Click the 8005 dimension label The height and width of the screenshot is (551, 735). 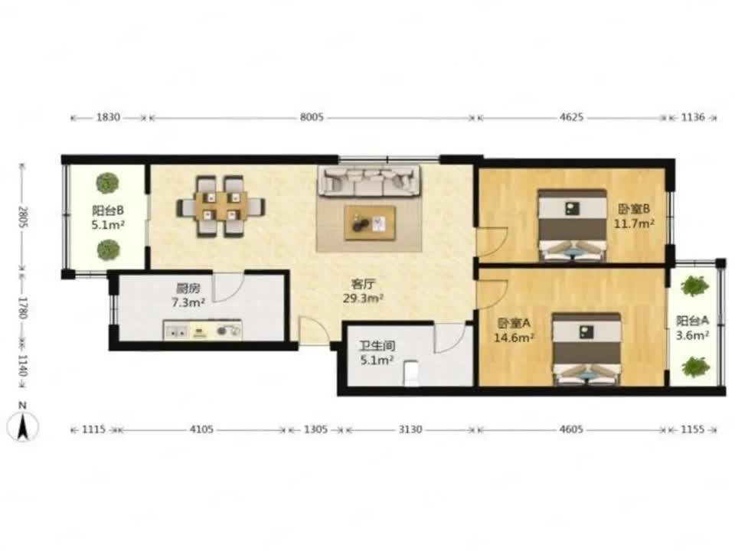(312, 117)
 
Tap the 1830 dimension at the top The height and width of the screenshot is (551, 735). (108, 117)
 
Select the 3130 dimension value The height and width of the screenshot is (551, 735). (410, 429)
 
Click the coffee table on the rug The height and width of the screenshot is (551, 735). (370, 223)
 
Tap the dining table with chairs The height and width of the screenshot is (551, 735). (220, 205)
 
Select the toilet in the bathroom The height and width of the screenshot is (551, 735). (411, 373)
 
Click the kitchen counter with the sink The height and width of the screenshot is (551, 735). (202, 330)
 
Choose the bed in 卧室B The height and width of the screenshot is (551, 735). (572, 225)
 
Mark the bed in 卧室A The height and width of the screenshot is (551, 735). (586, 349)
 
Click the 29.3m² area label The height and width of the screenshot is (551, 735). (364, 298)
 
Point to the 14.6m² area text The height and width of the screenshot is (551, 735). (514, 337)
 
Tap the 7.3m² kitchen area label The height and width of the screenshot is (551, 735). (188, 303)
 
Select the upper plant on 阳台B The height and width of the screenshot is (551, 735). (108, 182)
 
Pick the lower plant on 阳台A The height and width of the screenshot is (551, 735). (694, 367)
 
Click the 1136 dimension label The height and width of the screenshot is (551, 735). (693, 117)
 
